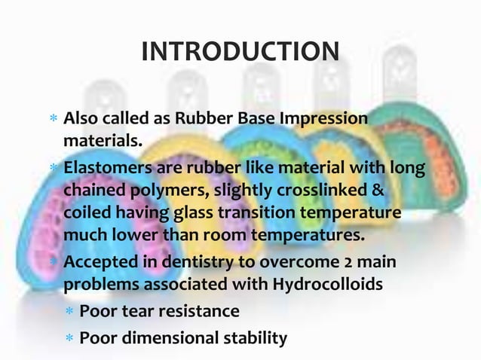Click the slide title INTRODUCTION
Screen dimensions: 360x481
(x=240, y=52)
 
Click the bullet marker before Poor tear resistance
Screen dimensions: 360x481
(x=69, y=312)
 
